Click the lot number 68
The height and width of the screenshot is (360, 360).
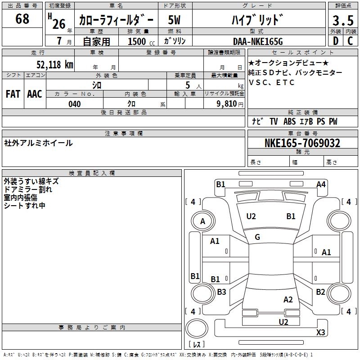[22, 19]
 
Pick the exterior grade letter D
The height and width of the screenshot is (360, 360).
[335, 41]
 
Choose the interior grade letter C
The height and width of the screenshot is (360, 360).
[350, 41]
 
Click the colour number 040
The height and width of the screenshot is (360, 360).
[75, 104]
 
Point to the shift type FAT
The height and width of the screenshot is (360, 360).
[13, 94]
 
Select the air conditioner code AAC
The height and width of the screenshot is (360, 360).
[35, 94]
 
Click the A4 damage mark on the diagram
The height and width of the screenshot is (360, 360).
[321, 184]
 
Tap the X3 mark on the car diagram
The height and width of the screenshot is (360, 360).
[320, 333]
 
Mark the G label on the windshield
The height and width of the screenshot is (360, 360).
[257, 237]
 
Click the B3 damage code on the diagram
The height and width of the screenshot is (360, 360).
[221, 292]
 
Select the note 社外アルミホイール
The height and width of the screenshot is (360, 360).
[38, 143]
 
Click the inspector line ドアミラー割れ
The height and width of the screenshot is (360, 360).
[28, 189]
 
